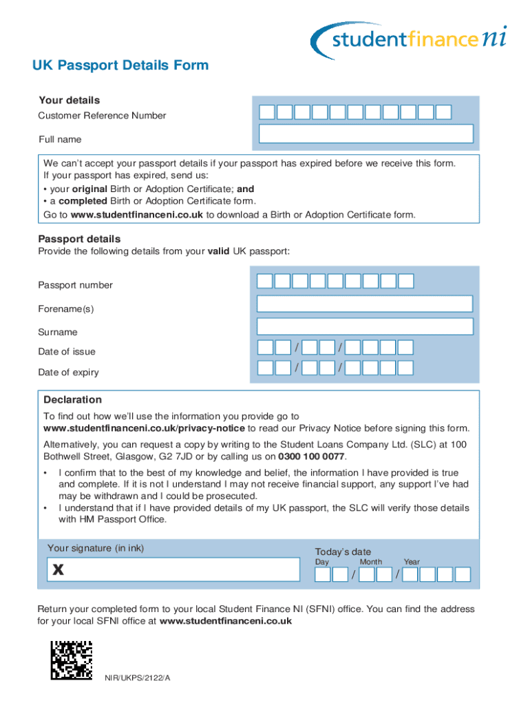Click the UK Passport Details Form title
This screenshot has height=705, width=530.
(x=120, y=65)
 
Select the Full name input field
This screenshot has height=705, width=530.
(x=365, y=134)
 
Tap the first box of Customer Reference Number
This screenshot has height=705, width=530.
(x=267, y=112)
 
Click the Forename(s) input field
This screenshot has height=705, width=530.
(x=365, y=304)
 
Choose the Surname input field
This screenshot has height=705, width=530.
(x=365, y=326)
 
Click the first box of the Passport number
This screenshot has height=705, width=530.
(x=265, y=281)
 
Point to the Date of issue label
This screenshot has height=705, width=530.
(x=67, y=352)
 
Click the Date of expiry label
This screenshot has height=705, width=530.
(x=68, y=372)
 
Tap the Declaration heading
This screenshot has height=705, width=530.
(x=72, y=400)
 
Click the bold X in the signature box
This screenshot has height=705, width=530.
(x=59, y=570)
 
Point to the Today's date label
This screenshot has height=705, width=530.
(x=343, y=551)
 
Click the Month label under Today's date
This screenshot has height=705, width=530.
(x=370, y=562)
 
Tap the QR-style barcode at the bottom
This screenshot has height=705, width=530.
(x=71, y=660)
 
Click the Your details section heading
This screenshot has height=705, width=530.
(x=69, y=101)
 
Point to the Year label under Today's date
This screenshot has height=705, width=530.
(x=412, y=562)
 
